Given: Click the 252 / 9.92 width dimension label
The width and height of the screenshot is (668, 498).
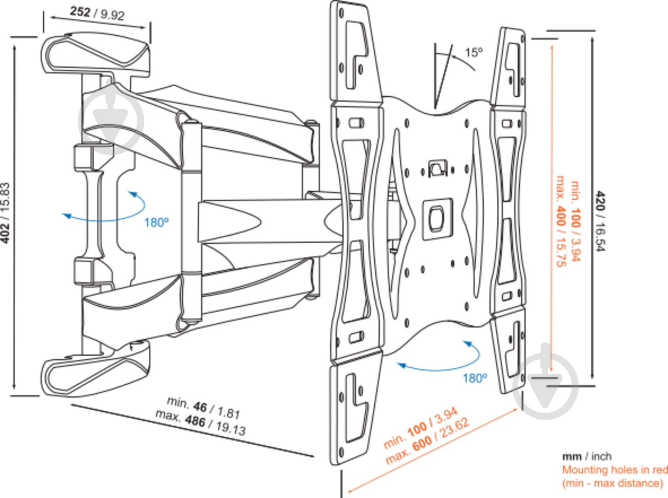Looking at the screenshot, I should coord(97,13).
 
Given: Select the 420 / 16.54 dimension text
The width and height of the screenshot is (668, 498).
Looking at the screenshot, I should coord(601,221).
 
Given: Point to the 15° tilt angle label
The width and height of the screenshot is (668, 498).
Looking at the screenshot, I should coord(474,52).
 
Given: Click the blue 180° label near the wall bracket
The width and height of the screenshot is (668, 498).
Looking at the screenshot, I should coord(156,223).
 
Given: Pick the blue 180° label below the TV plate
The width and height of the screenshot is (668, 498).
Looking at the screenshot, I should coord(475,378).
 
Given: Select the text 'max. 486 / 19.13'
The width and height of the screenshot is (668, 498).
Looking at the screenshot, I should coord(201,422).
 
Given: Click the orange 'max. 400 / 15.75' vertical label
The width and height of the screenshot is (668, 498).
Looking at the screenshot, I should coord(561,221).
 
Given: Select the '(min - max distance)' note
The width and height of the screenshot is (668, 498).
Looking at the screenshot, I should coord(612,483).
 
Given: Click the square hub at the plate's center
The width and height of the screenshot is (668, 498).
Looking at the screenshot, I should coord(437,218).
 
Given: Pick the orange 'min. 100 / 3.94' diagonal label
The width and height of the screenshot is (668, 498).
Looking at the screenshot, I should coord(420,427).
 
